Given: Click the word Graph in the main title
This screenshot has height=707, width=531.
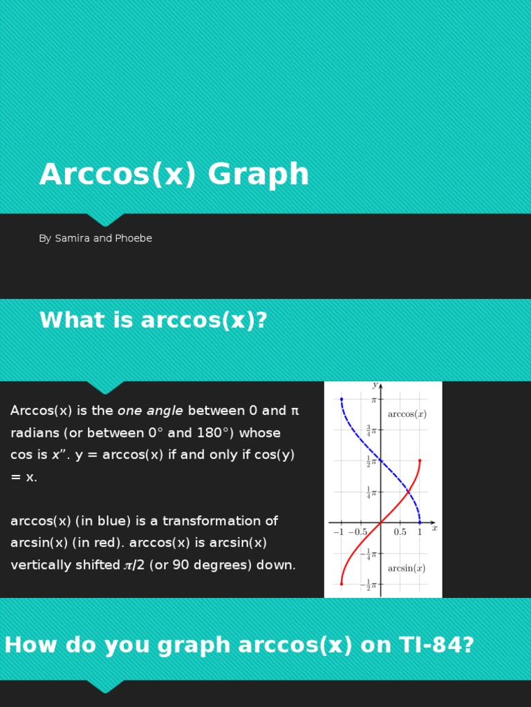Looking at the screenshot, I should click(x=258, y=175).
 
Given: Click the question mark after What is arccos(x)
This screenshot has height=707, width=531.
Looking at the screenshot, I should click(x=261, y=320).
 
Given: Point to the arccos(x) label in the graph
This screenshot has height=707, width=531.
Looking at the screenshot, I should click(x=407, y=414).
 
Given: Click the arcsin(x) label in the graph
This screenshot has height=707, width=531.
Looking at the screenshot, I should click(x=406, y=568).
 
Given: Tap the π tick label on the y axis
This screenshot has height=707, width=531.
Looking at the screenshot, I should click(x=374, y=400).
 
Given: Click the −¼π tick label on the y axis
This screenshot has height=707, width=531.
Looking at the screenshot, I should click(x=368, y=554).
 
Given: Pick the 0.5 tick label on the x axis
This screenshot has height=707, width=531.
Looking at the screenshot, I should click(x=400, y=532).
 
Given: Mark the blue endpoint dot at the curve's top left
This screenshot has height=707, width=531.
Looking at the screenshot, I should click(x=342, y=399).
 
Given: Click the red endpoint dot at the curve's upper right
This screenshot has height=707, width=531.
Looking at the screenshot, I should click(x=420, y=461).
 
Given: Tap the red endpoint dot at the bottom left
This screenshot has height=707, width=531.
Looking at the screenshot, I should click(x=342, y=584).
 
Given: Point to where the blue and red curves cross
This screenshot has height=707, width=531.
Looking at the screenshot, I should click(x=408, y=492).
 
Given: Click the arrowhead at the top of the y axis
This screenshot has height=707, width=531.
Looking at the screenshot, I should click(x=380, y=386).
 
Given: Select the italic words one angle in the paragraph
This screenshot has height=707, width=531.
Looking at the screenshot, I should click(x=150, y=411).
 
